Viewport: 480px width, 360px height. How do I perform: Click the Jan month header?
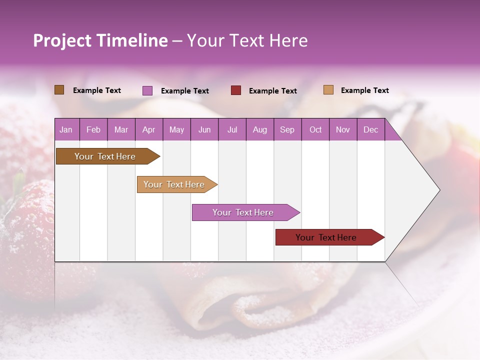tap(66, 129)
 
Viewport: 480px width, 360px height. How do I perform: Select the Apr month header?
tap(149, 129)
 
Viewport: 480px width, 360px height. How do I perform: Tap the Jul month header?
tap(232, 129)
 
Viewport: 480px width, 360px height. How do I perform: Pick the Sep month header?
tap(287, 129)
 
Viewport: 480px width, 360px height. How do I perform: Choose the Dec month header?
tap(370, 129)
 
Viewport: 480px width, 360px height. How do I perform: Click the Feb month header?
tap(93, 129)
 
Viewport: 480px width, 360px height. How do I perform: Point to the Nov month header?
tap(343, 129)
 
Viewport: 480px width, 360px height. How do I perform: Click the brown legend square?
tap(59, 90)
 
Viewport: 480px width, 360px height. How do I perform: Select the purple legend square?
tap(147, 90)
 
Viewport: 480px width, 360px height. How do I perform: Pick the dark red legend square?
tap(236, 90)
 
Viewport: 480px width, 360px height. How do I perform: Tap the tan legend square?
tap(328, 90)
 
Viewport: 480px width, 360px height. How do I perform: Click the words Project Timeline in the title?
tap(100, 40)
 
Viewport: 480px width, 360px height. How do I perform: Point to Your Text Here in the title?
tap(247, 40)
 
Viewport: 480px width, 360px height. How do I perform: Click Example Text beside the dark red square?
tap(273, 91)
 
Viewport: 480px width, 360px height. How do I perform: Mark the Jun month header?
tap(204, 129)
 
